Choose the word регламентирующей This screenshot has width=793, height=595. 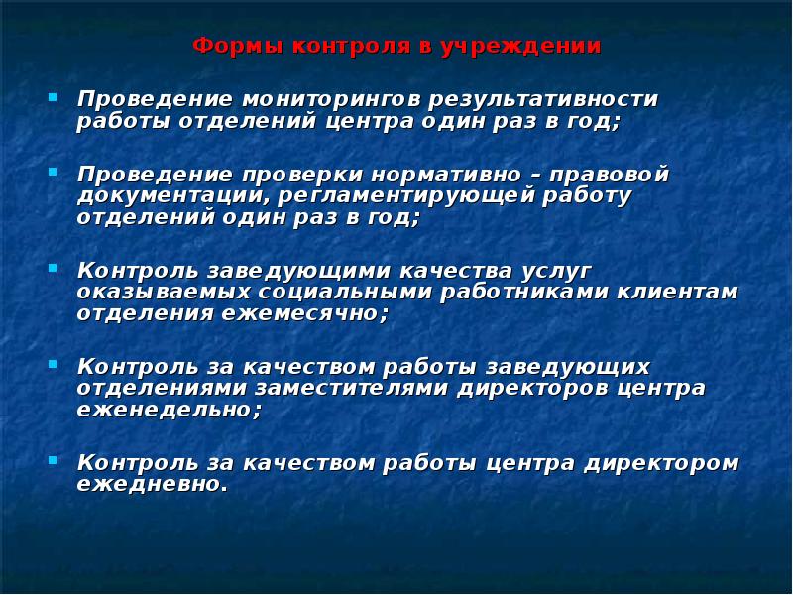378,195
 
